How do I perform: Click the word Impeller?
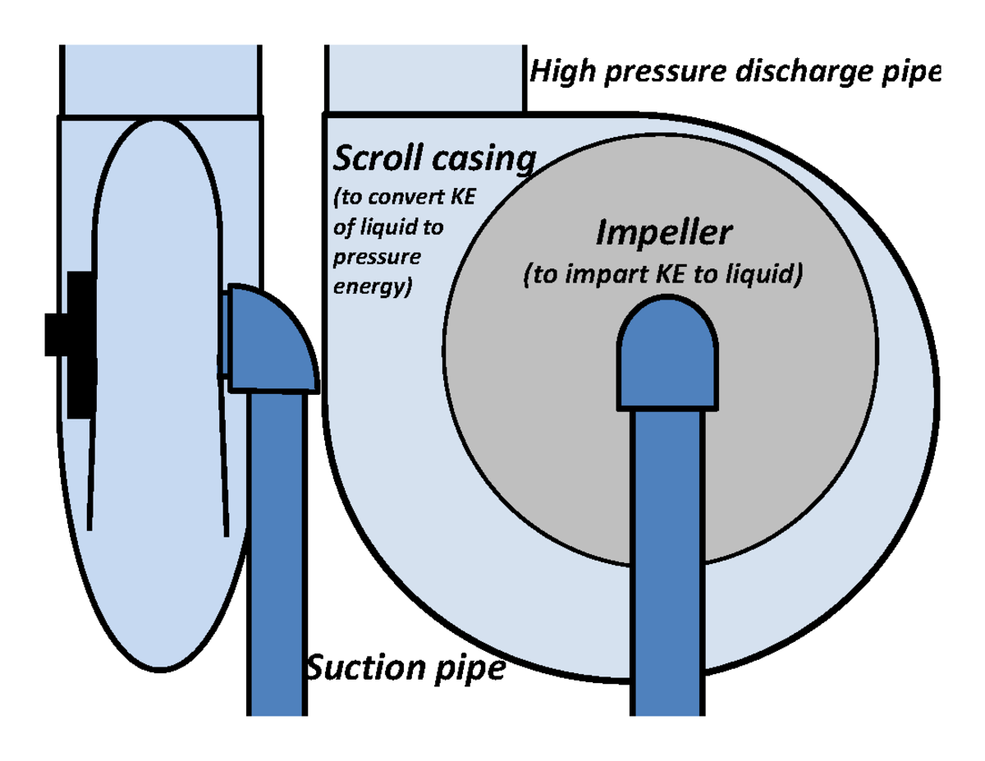pyautogui.click(x=662, y=234)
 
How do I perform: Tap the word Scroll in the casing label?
pyautogui.click(x=373, y=158)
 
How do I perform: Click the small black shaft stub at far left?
pyautogui.click(x=56, y=335)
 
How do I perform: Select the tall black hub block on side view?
pyautogui.click(x=80, y=344)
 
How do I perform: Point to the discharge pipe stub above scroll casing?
pyautogui.click(x=425, y=79)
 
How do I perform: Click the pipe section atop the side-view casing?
pyautogui.click(x=161, y=80)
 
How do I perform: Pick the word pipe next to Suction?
pyautogui.click(x=469, y=669)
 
